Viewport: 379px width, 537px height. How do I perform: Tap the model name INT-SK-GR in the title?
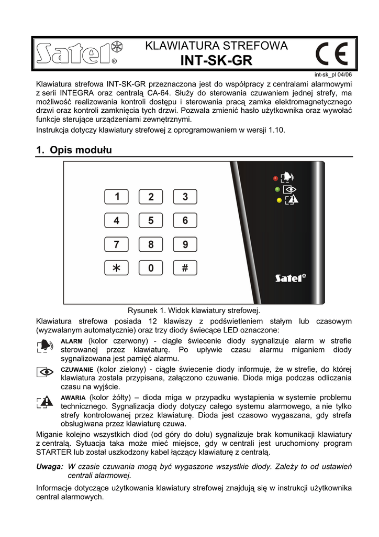[x=216, y=61]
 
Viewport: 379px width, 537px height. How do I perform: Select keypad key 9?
[x=185, y=244]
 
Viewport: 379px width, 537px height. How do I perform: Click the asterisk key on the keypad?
[x=117, y=268]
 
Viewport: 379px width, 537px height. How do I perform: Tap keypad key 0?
[x=151, y=268]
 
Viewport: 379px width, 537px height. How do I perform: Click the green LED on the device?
[x=277, y=189]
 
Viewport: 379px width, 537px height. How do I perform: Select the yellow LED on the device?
[x=280, y=200]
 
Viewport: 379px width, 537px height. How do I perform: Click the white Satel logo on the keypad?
[x=291, y=277]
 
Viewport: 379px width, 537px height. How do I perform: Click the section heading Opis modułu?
[x=74, y=150]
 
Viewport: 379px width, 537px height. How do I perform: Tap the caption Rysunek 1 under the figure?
[x=194, y=310]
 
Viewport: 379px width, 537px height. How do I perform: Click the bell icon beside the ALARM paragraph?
[x=46, y=345]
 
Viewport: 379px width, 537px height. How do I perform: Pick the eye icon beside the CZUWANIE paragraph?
[x=46, y=372]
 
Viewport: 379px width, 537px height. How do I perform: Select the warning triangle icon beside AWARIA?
[x=46, y=402]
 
